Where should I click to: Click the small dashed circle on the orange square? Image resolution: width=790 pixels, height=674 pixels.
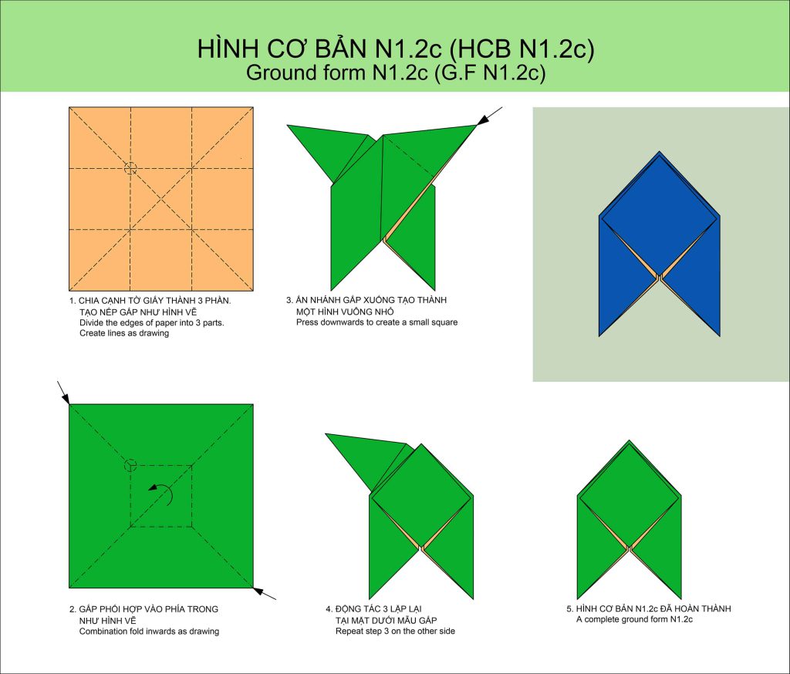tap(130, 168)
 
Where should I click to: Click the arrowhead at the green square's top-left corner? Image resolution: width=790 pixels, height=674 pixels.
tap(66, 399)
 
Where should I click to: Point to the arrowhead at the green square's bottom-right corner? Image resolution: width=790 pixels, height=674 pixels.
tap(258, 591)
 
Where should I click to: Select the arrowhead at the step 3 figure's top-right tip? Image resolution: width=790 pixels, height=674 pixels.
tap(483, 120)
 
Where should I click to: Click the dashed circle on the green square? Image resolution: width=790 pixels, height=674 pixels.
tap(130, 466)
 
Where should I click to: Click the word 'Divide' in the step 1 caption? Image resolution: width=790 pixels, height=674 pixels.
tap(91, 322)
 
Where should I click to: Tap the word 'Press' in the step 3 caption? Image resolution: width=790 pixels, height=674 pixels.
tap(306, 322)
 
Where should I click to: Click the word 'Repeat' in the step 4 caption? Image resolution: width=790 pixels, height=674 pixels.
tap(349, 631)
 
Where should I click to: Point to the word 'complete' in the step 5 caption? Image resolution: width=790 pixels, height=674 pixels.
tap(601, 619)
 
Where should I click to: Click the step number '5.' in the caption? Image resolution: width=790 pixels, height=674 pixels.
tap(570, 608)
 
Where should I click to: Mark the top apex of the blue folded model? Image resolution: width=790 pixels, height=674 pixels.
tap(659, 151)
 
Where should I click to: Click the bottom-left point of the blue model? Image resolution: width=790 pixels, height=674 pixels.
tap(599, 335)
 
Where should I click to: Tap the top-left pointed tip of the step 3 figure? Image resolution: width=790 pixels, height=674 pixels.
tap(288, 125)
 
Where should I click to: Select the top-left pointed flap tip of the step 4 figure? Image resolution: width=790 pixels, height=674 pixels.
tap(326, 433)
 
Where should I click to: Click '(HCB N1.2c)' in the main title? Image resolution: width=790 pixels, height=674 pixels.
tap(522, 49)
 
